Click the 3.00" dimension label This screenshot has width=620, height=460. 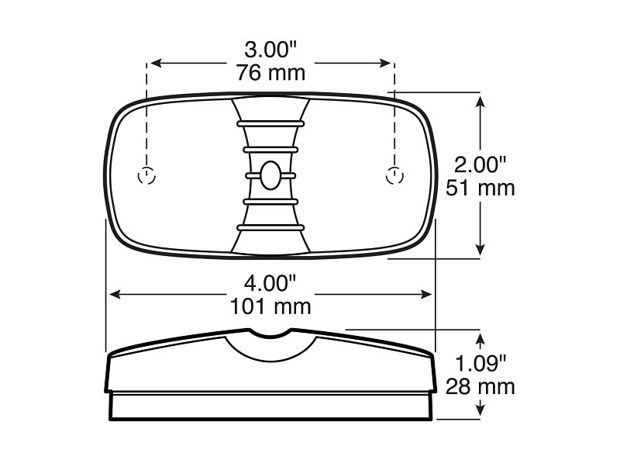pos(270,50)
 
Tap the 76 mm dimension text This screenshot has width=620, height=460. pos(270,73)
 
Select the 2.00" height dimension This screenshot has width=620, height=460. pos(480,165)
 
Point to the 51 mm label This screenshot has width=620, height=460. pos(480,188)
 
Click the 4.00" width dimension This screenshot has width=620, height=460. pos(270,283)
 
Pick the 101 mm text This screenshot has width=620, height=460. pos(270,306)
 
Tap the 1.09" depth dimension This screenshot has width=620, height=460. pos(480,363)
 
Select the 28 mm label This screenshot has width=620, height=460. pos(480,386)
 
